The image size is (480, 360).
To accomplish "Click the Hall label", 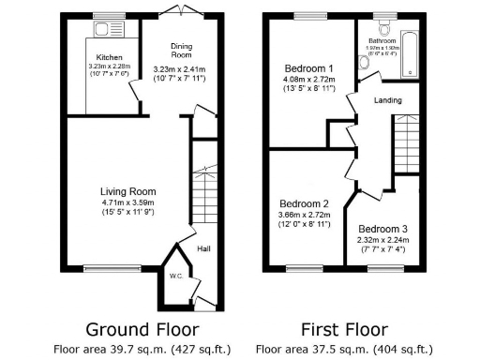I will point(204,249).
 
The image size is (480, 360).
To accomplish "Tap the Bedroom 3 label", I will point(383,229).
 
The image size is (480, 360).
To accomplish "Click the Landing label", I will point(387,100).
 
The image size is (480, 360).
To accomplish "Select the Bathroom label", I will point(382,41).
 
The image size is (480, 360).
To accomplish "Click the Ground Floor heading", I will point(142,329).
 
